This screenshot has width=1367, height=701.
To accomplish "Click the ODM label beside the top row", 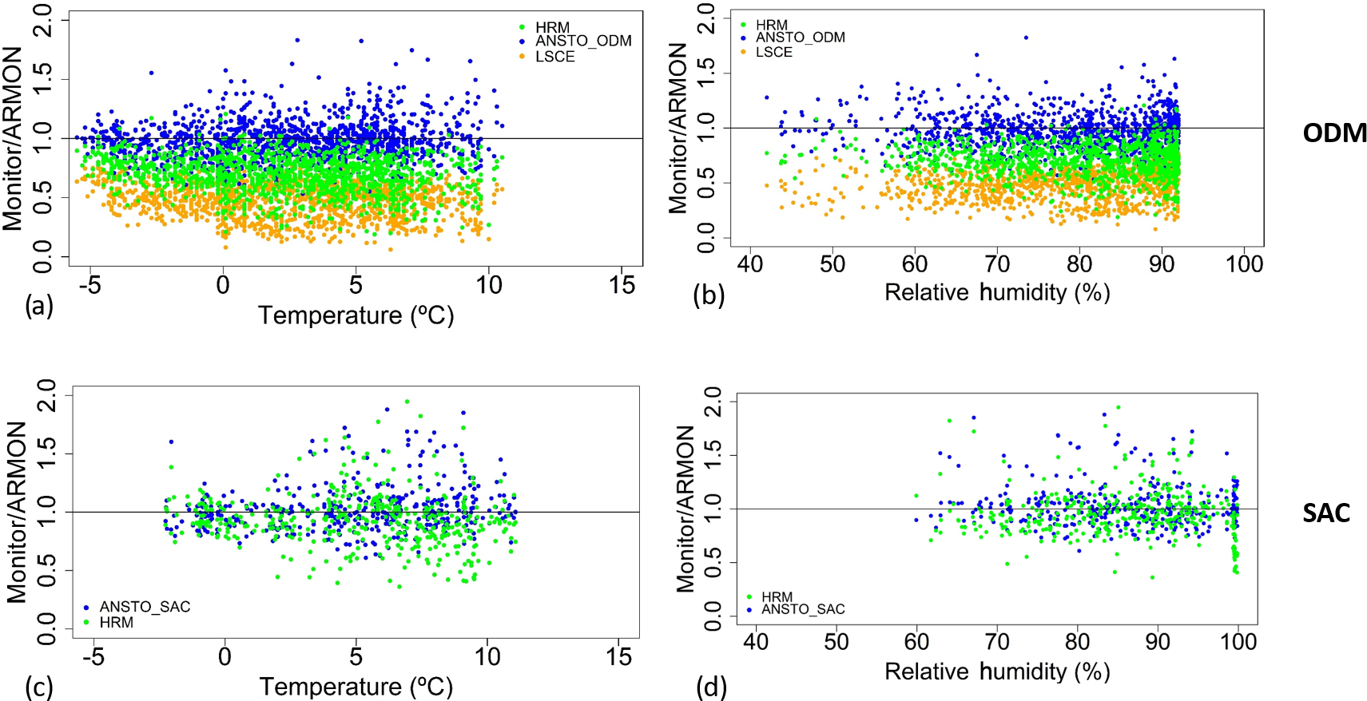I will [x=1334, y=133].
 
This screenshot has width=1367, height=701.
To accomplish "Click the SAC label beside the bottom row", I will [x=1326, y=513].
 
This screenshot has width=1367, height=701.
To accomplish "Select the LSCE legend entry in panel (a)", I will [x=554, y=57].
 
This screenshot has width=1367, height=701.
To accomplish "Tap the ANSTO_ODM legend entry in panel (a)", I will [x=582, y=41].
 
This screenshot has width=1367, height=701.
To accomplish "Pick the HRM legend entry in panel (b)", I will [x=771, y=26].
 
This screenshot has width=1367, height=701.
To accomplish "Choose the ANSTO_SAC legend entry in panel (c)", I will [x=145, y=607].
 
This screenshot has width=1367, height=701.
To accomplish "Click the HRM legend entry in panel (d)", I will [x=776, y=596].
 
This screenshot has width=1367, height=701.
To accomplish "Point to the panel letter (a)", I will [x=39, y=306].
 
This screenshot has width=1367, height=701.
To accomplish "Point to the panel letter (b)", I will [x=709, y=295].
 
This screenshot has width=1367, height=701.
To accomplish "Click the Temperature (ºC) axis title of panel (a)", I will [x=356, y=315].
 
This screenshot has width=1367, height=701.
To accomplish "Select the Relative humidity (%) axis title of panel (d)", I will [x=997, y=671].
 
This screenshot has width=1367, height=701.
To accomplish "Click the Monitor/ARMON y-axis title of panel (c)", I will [x=17, y=512].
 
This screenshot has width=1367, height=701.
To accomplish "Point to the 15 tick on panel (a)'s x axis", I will [x=622, y=285].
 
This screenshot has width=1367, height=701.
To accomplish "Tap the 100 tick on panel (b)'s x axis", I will [x=1244, y=263].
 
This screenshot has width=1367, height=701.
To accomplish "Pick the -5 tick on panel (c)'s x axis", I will [x=93, y=657].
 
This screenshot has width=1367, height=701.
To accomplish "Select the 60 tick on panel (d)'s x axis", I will [x=916, y=642].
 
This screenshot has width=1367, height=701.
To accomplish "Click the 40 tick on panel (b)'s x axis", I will [x=750, y=263].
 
